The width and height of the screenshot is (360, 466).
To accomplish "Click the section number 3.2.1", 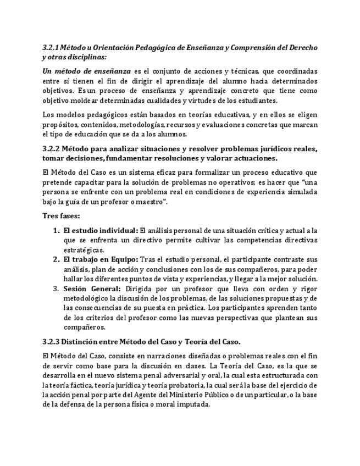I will (51, 48).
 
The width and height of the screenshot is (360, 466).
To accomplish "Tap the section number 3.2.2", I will (52, 149).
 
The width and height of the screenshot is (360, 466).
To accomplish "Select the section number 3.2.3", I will (52, 342).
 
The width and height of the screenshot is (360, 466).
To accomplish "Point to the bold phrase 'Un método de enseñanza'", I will (87, 71).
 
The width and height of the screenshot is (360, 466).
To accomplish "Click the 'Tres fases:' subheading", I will (61, 215).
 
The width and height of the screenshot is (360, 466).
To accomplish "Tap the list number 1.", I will (56, 230).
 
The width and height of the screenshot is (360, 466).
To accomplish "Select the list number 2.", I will (56, 259).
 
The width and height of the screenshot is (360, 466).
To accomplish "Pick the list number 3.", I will (56, 288).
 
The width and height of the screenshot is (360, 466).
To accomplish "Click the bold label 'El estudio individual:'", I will (101, 230).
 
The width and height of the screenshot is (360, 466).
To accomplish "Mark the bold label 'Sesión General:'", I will (91, 288).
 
